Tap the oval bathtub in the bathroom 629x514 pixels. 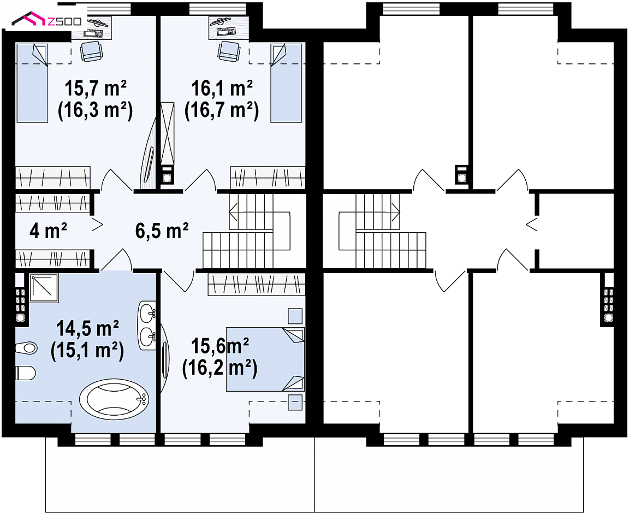coord(114,398)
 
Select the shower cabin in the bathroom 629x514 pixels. coord(44,288)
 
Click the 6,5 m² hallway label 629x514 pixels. coord(162,231)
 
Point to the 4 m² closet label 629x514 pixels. coord(49,231)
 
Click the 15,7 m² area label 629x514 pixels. coord(96,88)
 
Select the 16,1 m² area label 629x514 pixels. coord(222,88)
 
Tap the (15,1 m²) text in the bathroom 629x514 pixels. coord(87,350)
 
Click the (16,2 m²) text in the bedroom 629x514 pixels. coord(219,368)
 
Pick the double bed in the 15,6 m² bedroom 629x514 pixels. coord(265,359)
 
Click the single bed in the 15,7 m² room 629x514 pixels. coord(32,82)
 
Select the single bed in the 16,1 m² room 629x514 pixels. coord(287,82)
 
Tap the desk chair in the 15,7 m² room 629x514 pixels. coord(92,51)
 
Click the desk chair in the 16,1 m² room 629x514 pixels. coord(229,51)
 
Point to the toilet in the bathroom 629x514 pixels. coord(26,373)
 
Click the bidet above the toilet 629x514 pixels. coord(26,347)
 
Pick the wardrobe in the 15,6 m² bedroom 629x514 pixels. coord(256,285)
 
